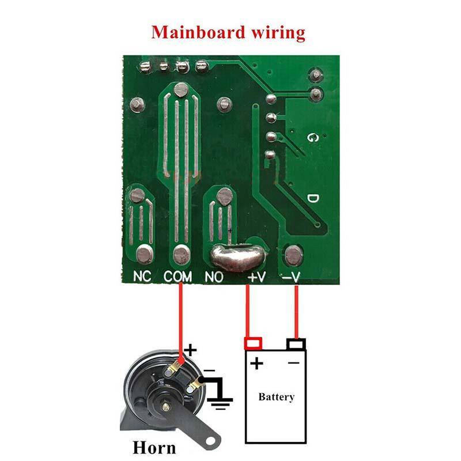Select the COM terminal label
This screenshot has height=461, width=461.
(x=177, y=277)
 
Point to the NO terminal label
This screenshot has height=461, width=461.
(x=214, y=277)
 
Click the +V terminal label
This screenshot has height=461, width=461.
(x=256, y=277)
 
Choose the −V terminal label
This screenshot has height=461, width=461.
(x=292, y=277)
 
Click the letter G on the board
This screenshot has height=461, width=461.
(x=312, y=138)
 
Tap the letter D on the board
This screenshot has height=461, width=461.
(x=312, y=198)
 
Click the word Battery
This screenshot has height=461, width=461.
(x=276, y=396)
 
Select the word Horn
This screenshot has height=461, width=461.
(x=154, y=447)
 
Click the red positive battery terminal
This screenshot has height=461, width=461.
(x=253, y=343)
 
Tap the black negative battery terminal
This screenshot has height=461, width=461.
(x=296, y=344)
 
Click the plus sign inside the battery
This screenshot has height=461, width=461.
(x=257, y=363)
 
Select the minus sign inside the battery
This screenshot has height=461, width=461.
(x=294, y=362)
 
